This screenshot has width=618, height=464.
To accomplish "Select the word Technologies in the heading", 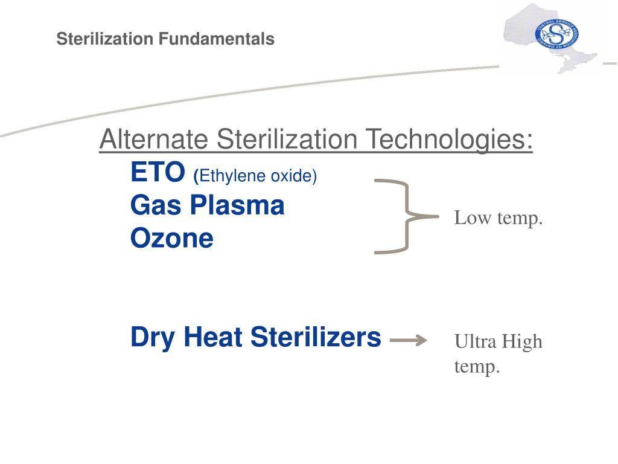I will pos(451,141).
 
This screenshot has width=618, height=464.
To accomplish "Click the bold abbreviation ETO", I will pos(158,173).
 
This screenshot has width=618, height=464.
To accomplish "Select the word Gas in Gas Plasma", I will pos(152,206).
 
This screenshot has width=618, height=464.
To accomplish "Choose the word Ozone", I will pos(172,239).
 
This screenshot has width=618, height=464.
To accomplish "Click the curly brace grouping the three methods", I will pos(404,216).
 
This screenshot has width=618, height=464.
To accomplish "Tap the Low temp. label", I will pos(499,218).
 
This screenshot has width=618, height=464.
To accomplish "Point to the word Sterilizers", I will pos(316,337).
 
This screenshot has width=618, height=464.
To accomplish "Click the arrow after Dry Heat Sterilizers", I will pos(409,341).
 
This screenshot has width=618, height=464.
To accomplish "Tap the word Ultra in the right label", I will pos(475,342).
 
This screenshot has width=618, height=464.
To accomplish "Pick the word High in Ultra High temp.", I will pos(523,342).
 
